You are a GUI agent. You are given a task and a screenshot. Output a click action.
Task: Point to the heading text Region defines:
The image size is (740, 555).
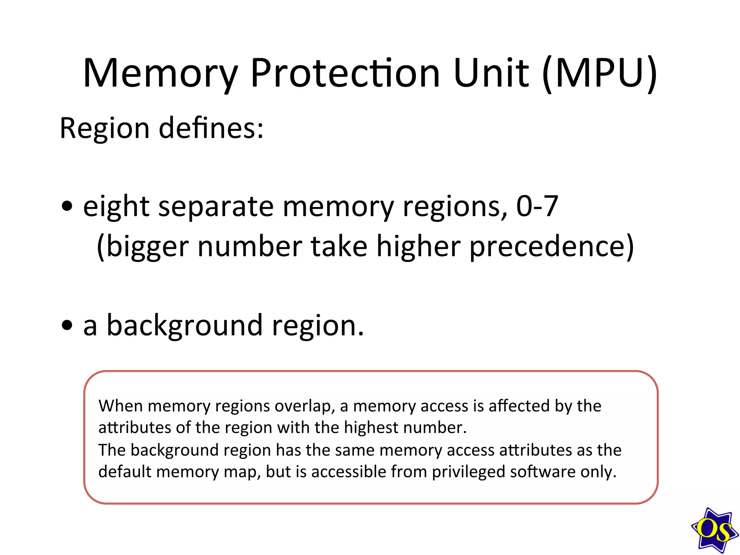tap(162, 128)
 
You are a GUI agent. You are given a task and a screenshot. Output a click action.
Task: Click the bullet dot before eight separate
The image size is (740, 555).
tap(67, 207)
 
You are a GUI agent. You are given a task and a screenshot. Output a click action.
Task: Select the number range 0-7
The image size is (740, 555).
tap(537, 206)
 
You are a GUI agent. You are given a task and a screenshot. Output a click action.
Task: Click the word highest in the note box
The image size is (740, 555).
tap(371, 428)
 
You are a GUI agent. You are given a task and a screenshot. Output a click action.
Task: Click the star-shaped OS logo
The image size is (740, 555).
tap(714, 530)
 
